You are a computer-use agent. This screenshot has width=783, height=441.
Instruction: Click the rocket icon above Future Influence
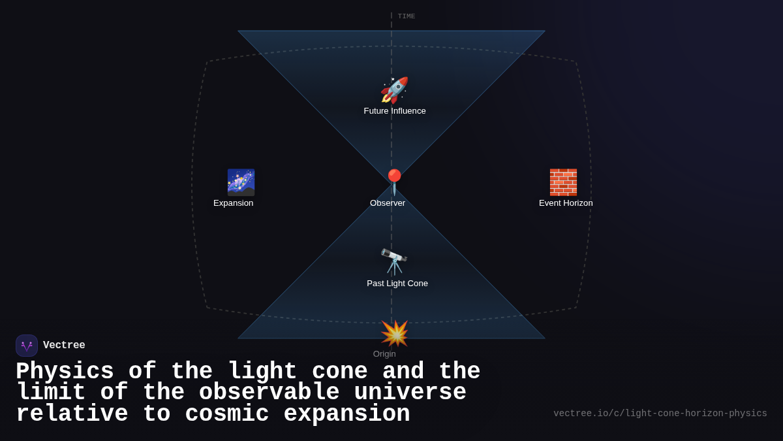point(394,90)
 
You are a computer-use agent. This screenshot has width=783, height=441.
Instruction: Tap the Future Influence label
point(395,111)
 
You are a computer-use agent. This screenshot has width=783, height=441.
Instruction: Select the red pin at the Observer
point(394,182)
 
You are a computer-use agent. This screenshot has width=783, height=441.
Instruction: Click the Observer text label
point(388,203)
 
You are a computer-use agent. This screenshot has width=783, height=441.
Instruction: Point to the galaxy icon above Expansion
point(241,182)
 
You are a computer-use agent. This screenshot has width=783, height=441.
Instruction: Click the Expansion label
point(234,203)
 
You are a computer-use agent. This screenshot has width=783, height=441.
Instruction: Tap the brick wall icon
point(563,182)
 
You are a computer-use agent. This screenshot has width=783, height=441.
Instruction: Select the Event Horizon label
point(566,203)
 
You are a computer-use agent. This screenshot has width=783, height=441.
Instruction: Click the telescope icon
point(394,262)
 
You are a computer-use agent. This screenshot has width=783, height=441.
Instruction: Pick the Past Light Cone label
point(397,284)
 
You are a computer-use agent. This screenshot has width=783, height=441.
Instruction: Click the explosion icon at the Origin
point(394,333)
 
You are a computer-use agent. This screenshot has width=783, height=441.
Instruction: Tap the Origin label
point(384,354)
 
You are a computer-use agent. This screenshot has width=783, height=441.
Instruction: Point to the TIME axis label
point(407,16)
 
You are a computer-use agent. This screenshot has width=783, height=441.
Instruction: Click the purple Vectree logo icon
point(27,346)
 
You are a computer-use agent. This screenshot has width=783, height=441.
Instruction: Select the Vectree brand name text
point(64,346)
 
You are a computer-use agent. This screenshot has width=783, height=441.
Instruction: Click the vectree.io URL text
point(660,414)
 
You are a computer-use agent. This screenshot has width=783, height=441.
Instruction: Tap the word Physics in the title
point(65,372)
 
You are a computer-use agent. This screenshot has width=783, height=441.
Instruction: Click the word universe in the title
point(410,393)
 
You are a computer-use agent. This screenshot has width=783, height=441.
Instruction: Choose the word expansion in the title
point(346,414)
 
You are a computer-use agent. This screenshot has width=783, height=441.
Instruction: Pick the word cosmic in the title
point(227,414)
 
